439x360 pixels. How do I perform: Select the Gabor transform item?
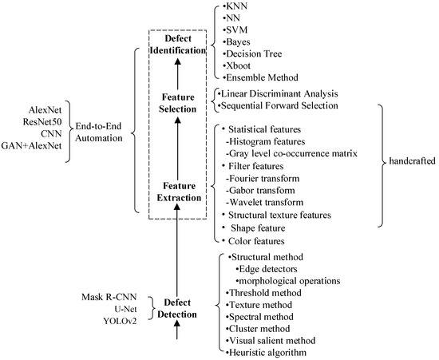coord(261,191)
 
